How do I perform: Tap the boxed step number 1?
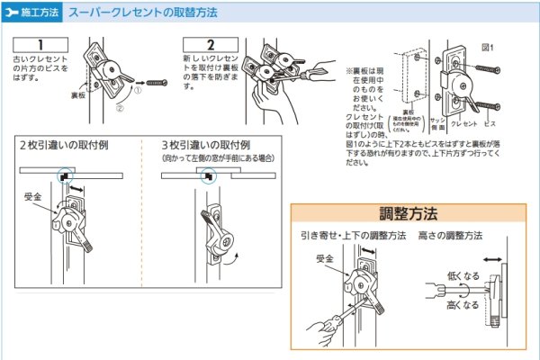[x=40, y=44]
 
